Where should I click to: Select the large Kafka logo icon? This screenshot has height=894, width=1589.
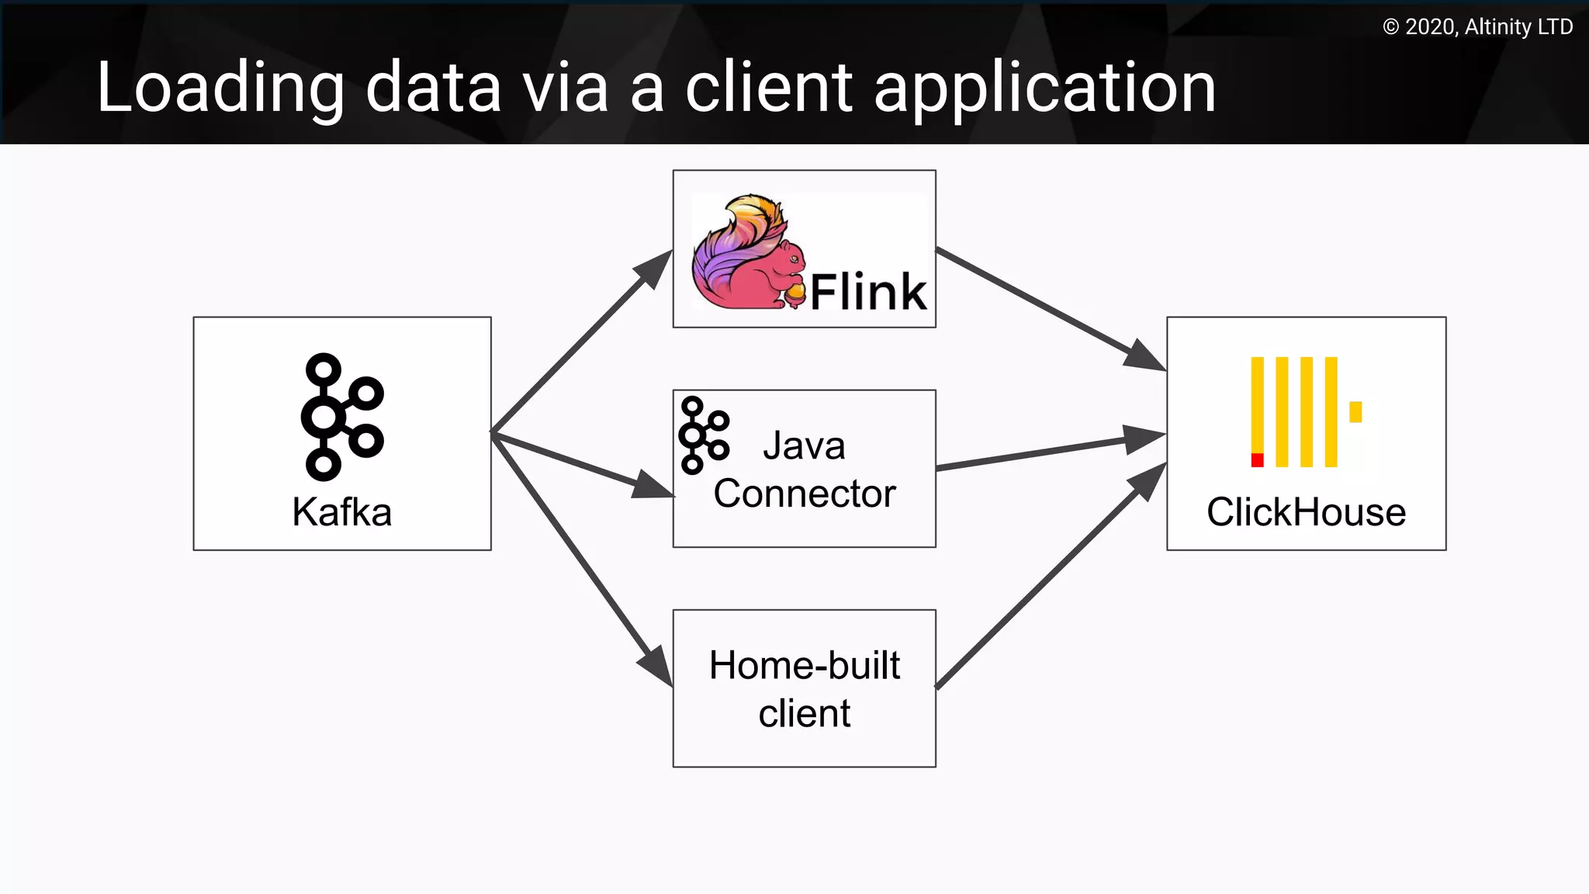point(341,417)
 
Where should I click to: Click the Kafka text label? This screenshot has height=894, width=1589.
point(341,512)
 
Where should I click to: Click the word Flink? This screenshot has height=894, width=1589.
point(868,292)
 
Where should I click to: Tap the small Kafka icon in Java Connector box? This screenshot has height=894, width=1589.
point(703,435)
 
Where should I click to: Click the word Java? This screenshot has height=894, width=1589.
point(804,446)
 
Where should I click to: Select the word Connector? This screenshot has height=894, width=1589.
point(805,494)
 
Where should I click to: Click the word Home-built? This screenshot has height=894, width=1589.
point(805,666)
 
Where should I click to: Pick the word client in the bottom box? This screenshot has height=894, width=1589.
point(805,713)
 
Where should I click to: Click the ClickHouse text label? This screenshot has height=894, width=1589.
point(1306,512)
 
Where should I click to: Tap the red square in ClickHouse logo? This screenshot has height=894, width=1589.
point(1257,460)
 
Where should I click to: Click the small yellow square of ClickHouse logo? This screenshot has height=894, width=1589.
point(1355,411)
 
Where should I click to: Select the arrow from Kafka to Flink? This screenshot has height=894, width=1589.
point(582,341)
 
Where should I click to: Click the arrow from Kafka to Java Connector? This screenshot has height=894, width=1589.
point(582,464)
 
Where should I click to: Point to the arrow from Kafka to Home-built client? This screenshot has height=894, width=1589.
point(582,559)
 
